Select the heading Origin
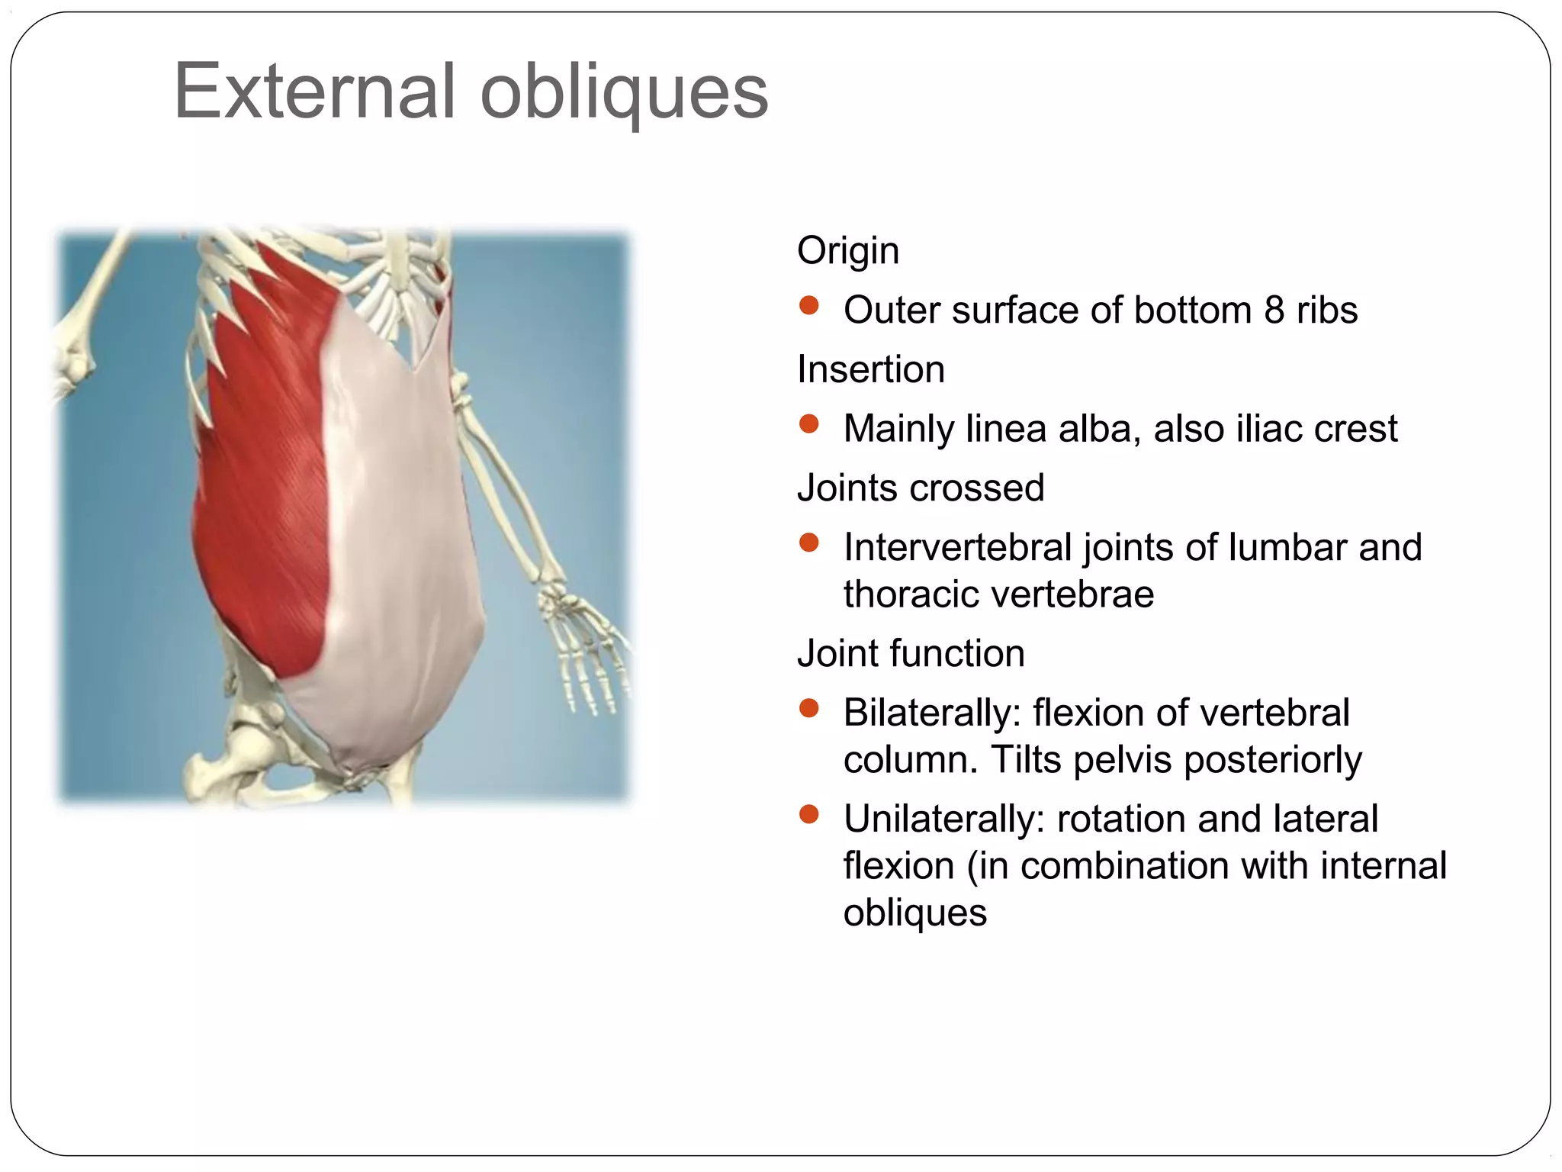click(847, 250)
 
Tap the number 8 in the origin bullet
click(1274, 310)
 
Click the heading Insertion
click(870, 369)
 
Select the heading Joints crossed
click(920, 488)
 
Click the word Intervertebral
click(957, 547)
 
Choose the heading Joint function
click(911, 653)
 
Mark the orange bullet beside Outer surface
click(808, 306)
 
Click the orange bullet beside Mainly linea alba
click(808, 424)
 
